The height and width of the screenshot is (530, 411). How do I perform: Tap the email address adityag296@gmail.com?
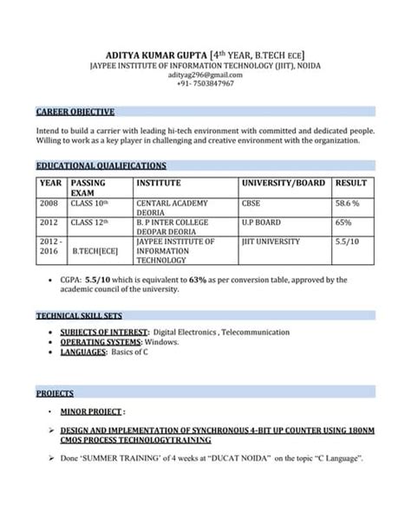205,75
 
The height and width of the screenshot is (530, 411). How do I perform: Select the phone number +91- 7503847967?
205,85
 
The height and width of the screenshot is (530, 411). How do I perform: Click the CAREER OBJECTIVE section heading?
75,113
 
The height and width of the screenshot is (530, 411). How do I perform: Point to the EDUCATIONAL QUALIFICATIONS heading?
101,165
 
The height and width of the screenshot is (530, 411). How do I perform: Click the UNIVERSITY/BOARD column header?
284,184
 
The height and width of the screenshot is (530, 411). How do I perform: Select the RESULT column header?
351,184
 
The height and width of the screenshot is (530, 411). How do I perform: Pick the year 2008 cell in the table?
49,203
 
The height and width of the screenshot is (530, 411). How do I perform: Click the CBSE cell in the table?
252,203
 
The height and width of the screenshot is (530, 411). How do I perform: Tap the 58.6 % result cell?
348,203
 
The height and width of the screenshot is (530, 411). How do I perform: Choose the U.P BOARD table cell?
261,223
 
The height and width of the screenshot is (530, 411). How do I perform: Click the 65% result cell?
343,223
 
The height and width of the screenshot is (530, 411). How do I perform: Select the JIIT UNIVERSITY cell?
271,242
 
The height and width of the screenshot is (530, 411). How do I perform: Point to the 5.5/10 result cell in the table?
347,242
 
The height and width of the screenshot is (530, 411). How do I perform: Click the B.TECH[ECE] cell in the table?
95,251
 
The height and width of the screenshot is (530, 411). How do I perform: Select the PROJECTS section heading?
55,393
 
